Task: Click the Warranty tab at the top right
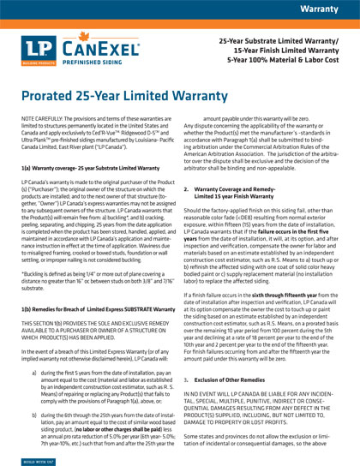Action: point(324,8)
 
